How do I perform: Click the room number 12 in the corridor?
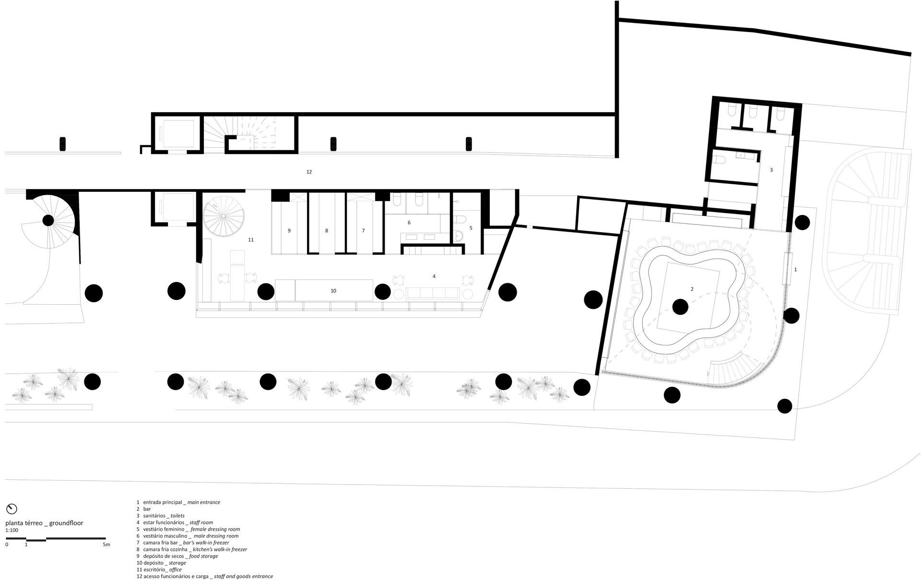(309, 172)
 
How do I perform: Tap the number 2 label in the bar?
(692, 289)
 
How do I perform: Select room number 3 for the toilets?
(771, 170)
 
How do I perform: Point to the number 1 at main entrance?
(795, 270)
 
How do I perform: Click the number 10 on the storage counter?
(333, 291)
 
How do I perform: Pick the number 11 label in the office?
(251, 239)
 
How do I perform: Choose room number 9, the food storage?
(289, 231)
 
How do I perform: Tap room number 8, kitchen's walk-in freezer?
(327, 231)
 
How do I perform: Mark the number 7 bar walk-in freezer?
(363, 231)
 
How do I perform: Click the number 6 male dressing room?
(409, 223)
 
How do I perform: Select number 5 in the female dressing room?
(471, 228)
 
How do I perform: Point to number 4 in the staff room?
(434, 276)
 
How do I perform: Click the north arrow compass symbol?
(12, 509)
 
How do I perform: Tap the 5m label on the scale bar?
(106, 545)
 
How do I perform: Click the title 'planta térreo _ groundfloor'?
(44, 523)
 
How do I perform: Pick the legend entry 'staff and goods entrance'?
(243, 576)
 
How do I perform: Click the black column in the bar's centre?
(680, 307)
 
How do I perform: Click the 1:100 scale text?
(12, 531)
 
